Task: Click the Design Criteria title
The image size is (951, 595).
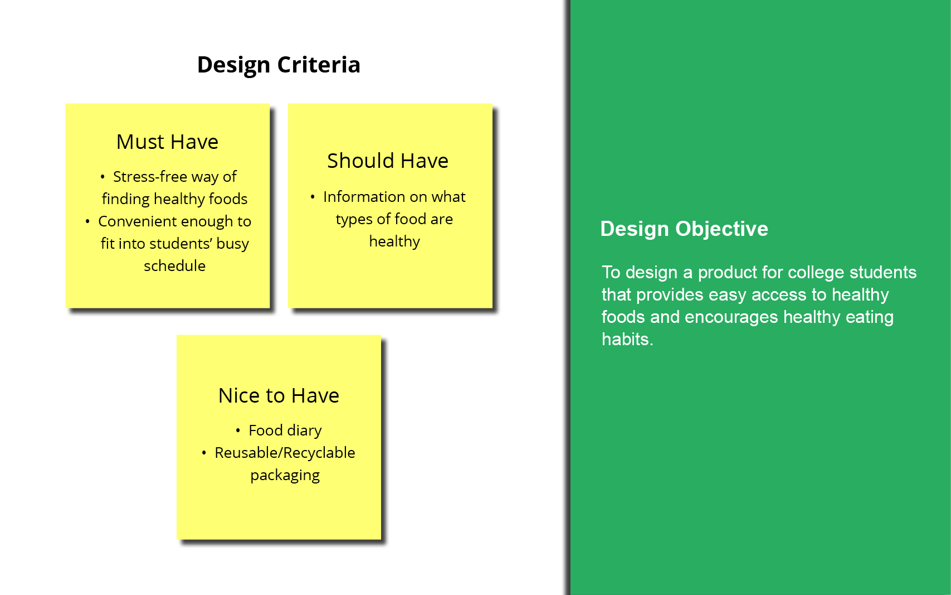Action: [x=279, y=65]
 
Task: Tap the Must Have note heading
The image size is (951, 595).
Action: [x=167, y=142]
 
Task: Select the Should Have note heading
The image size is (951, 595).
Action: [x=388, y=161]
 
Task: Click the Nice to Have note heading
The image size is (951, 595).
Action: [x=279, y=395]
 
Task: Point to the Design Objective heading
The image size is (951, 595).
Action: [x=684, y=229]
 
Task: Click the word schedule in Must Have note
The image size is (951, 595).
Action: [x=174, y=266]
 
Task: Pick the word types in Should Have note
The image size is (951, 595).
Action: [x=354, y=219]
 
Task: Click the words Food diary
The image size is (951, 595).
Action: [x=285, y=430]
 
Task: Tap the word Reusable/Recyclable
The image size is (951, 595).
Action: [x=285, y=453]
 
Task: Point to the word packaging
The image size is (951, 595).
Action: [x=285, y=476]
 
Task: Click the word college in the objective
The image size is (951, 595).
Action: [x=814, y=273]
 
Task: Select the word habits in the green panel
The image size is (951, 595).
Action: [x=627, y=339]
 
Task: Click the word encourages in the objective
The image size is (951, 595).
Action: [x=731, y=317]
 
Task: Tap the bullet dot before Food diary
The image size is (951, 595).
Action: [x=238, y=430]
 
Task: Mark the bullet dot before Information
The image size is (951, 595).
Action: [x=313, y=197]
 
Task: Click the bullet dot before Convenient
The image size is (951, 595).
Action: [x=87, y=221]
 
